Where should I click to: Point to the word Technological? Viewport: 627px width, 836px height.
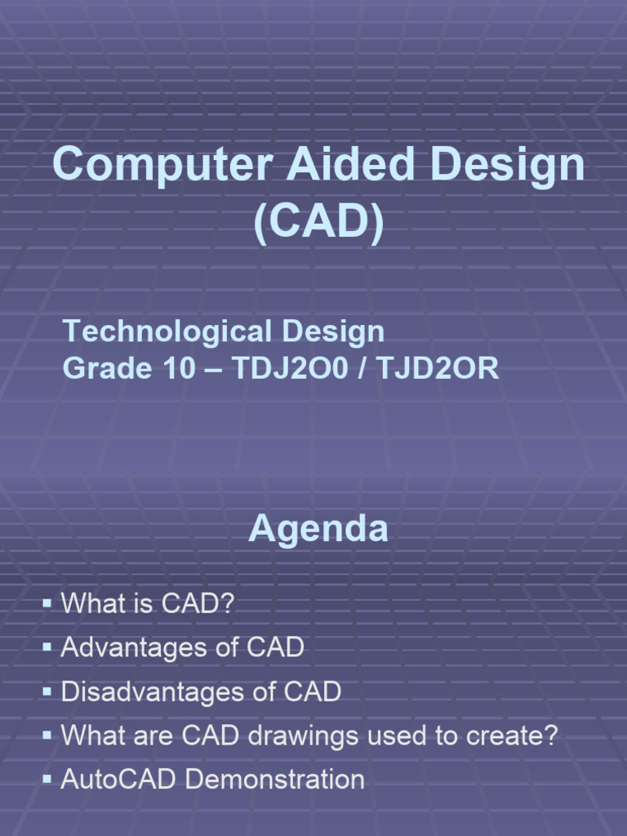(x=167, y=331)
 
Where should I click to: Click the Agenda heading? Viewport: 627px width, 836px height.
(x=318, y=530)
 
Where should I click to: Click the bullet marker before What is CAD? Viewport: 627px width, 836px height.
(x=47, y=604)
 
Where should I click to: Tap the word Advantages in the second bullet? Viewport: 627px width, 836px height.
(x=133, y=648)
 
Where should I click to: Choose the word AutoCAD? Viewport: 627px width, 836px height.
(x=120, y=780)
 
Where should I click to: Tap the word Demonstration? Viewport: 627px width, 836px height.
(x=275, y=780)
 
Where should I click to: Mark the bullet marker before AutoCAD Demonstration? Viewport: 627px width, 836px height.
(x=47, y=780)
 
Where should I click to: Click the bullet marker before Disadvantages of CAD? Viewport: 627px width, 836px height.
(x=47, y=692)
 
